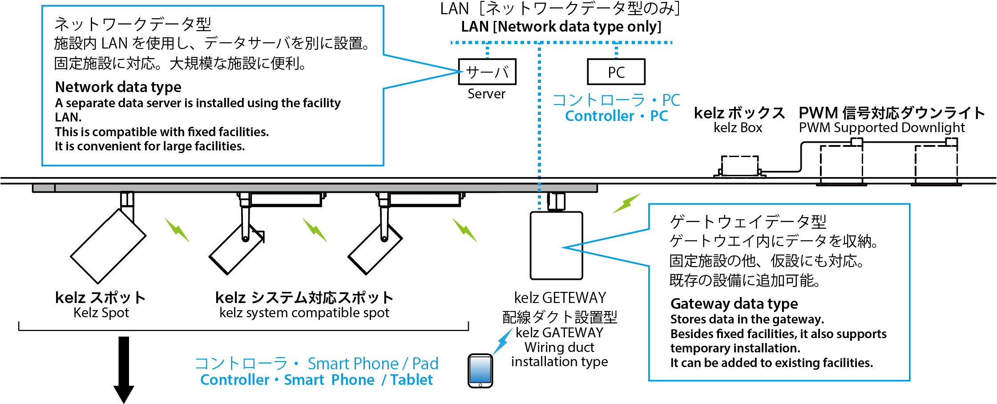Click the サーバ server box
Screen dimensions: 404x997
click(487, 72)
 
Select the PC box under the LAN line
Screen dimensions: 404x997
click(616, 72)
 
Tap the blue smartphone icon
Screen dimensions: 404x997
click(480, 371)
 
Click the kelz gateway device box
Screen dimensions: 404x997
click(556, 246)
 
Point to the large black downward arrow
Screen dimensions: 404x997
click(124, 369)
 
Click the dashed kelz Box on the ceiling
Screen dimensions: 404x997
click(739, 166)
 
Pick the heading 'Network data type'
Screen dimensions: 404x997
click(118, 87)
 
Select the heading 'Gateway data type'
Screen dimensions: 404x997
click(734, 304)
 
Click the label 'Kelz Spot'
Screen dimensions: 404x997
click(101, 313)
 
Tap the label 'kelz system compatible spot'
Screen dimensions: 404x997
click(304, 313)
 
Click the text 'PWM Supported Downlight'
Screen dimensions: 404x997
click(882, 128)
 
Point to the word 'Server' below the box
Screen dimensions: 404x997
click(486, 94)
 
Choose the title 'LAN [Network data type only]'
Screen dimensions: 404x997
click(561, 27)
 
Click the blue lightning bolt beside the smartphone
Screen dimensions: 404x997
click(504, 341)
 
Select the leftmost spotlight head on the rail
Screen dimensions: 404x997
click(108, 246)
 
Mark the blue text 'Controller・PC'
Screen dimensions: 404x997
click(616, 116)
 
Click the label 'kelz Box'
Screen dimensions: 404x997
click(738, 128)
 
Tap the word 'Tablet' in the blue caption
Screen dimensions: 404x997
click(412, 380)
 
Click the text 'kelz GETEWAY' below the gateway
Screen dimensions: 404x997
click(560, 298)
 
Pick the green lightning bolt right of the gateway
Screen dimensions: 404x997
click(627, 203)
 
